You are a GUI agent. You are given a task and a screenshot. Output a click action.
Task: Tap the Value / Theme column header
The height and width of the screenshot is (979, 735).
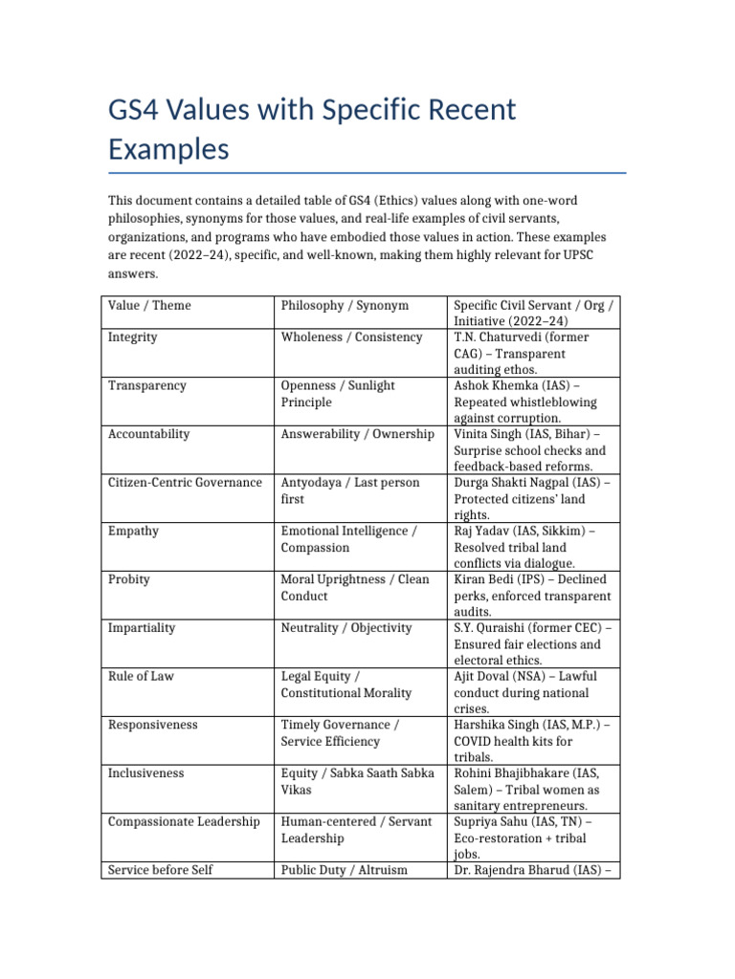(x=149, y=306)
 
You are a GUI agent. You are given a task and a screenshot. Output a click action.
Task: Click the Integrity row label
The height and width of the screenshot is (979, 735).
(x=133, y=337)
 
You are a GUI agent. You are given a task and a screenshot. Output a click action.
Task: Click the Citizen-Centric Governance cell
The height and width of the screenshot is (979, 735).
(x=185, y=483)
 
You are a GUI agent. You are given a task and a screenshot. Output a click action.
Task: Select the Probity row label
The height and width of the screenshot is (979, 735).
(x=129, y=579)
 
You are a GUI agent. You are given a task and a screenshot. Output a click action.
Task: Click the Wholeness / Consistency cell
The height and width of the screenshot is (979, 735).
(x=351, y=337)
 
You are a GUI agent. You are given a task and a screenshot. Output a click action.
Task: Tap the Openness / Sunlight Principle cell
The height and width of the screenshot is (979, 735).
(x=338, y=394)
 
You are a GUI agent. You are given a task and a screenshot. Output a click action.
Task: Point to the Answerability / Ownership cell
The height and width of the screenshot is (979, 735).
(x=357, y=434)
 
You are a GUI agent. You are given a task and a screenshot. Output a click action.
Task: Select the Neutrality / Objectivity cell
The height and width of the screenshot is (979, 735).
(x=346, y=628)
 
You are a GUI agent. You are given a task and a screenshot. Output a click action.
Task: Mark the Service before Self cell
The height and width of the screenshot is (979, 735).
(x=161, y=870)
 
